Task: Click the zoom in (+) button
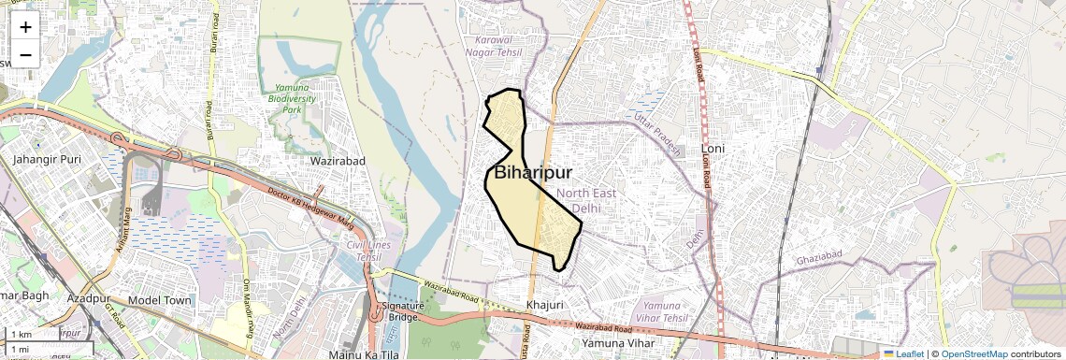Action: (25, 27)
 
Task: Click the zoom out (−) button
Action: (25, 54)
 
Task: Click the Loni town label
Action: (713, 149)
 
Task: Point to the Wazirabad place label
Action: (338, 161)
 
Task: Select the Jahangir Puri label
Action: (47, 159)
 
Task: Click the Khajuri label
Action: (545, 305)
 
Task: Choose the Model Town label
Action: (160, 300)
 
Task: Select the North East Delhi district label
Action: (586, 200)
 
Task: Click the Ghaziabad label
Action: (819, 257)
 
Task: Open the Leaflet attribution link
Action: (903, 353)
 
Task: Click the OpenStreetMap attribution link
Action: (974, 353)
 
